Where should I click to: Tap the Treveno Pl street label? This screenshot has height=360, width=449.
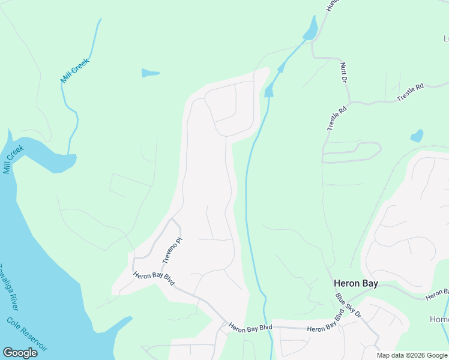click(172, 251)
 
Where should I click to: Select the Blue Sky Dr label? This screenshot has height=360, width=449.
click(348, 305)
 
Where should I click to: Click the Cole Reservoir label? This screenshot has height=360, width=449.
click(27, 335)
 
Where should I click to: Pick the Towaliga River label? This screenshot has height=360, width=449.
click(9, 287)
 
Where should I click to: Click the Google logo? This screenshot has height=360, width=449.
click(20, 352)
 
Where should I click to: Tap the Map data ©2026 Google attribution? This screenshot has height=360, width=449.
click(412, 355)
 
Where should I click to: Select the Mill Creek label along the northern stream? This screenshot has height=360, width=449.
click(74, 70)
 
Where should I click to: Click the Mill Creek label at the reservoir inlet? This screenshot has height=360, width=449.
click(13, 159)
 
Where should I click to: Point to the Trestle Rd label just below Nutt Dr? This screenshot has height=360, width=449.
click(337, 118)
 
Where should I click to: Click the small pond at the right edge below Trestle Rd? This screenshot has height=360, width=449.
click(417, 136)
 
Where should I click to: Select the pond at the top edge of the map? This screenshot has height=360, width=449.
click(311, 29)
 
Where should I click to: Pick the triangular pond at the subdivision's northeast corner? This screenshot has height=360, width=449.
click(269, 90)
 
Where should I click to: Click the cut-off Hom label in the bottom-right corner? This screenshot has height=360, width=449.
click(439, 319)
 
